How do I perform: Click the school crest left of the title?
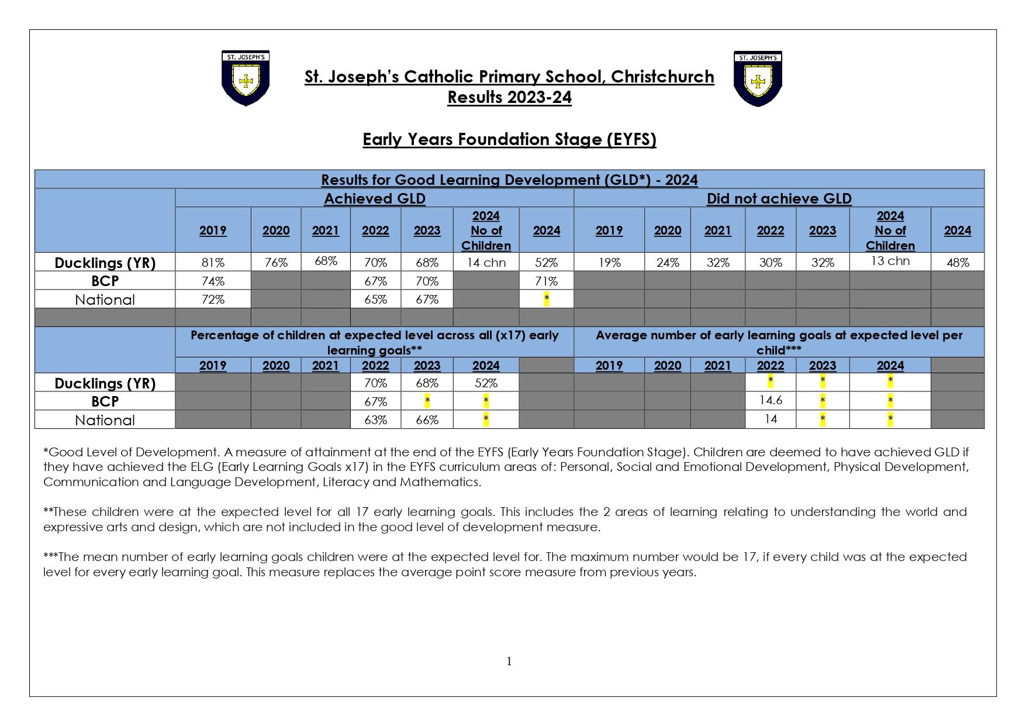(x=246, y=78)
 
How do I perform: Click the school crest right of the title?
(x=758, y=78)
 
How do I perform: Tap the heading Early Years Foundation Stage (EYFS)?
(x=509, y=140)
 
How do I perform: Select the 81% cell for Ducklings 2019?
(x=213, y=263)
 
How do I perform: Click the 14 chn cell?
(x=486, y=263)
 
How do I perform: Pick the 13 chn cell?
(x=890, y=261)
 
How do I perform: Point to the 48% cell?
(x=957, y=263)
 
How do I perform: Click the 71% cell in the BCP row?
(x=546, y=281)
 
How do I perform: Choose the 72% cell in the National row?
(x=213, y=300)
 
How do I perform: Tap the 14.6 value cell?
(x=770, y=401)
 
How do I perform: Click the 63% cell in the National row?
(x=375, y=420)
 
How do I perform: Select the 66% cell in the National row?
(x=427, y=420)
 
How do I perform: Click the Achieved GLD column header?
(x=375, y=199)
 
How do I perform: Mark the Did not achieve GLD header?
(x=779, y=199)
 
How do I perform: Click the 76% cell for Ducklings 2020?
(x=276, y=263)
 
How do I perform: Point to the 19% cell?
(x=609, y=263)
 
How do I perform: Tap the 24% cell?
(x=667, y=263)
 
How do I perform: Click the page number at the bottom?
(x=509, y=662)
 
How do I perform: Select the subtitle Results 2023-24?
(x=509, y=97)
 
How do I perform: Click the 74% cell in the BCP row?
(x=213, y=281)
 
